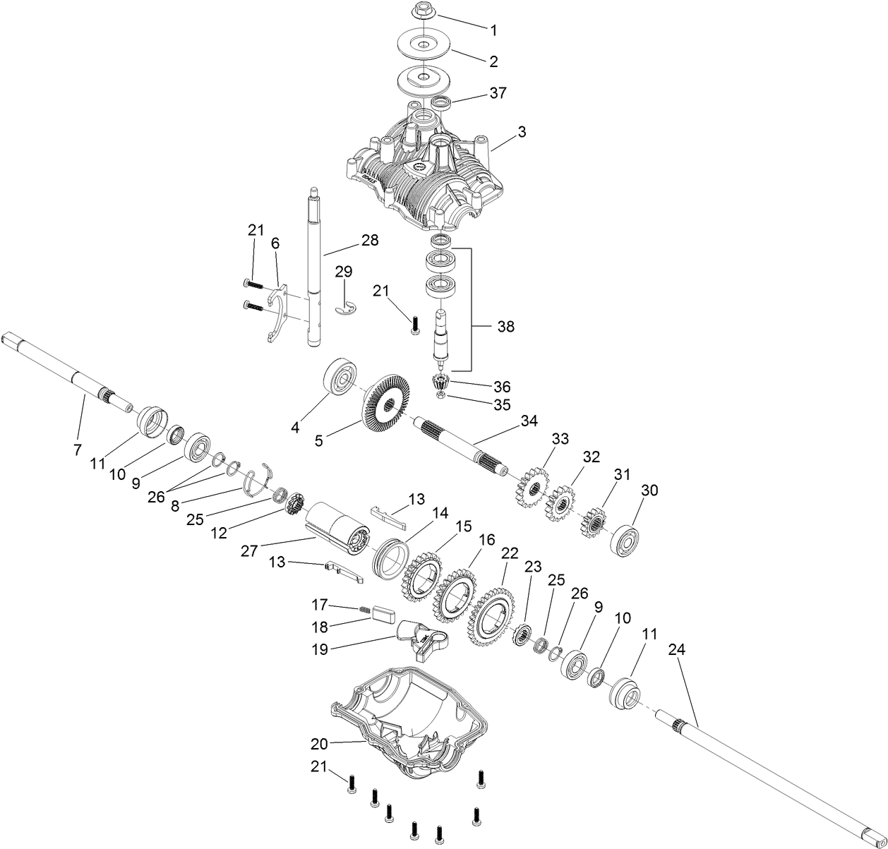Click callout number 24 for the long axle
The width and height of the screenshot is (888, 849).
click(676, 650)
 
